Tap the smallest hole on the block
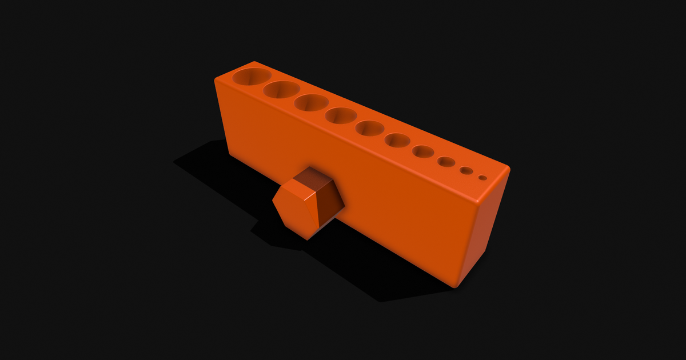click(x=483, y=178)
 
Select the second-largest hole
click(x=282, y=89)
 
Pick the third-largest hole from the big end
click(x=312, y=102)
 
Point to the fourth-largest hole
click(x=341, y=115)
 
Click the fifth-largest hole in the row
click(x=370, y=128)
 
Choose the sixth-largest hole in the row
click(x=397, y=139)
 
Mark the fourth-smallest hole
click(x=423, y=151)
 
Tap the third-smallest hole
click(x=446, y=162)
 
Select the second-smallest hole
click(x=466, y=170)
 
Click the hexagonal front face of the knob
click(x=295, y=209)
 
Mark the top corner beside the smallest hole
click(x=508, y=169)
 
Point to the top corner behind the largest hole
click(x=254, y=62)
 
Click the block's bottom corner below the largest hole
click(x=230, y=155)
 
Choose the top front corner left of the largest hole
click(x=217, y=80)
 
